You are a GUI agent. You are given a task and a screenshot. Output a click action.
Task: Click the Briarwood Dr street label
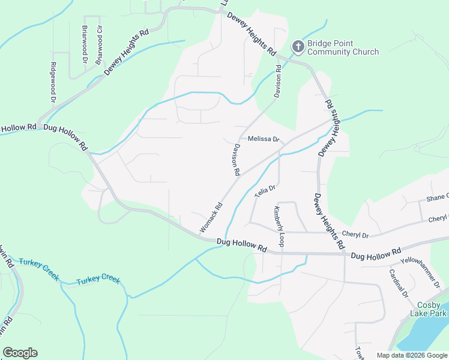coord(85,44)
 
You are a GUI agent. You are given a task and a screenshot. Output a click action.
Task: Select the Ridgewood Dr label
coord(53,82)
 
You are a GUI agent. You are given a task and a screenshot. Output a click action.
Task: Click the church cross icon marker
coord(298,47)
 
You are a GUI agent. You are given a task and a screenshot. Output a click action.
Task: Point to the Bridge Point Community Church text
coord(343,47)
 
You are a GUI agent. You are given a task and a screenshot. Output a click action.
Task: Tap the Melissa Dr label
coord(264,139)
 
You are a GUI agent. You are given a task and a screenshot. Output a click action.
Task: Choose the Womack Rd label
coord(211,217)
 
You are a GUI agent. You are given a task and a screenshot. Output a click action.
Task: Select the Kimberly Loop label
coord(278,226)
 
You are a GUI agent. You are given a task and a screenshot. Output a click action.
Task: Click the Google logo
coord(20,353)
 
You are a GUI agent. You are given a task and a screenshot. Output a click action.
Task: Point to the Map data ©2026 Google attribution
coord(412,355)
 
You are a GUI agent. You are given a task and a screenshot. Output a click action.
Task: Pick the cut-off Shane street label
coord(436,197)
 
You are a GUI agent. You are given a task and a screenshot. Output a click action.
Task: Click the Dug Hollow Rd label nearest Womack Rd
coord(241,245)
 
